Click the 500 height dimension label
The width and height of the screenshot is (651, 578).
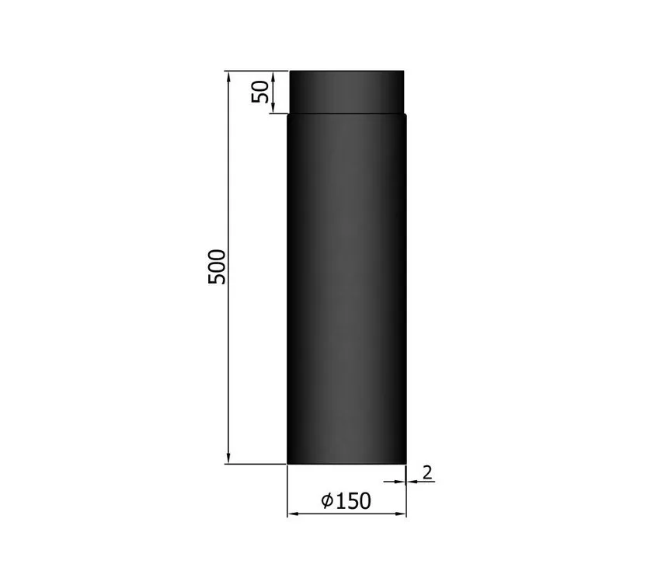217,266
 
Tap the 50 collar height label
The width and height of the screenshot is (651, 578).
260,92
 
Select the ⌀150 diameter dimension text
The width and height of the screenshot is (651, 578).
346,501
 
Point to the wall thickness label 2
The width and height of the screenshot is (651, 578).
427,472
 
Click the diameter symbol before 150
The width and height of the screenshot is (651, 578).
327,501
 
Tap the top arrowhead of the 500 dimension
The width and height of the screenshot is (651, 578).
228,76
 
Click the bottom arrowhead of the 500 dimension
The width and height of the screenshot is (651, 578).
228,458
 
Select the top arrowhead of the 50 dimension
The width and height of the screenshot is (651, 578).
273,76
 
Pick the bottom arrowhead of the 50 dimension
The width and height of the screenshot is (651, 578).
273,107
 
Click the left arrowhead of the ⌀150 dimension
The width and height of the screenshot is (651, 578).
293,514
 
